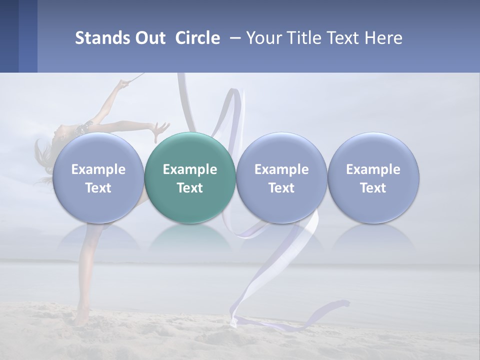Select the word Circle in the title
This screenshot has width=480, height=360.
click(197, 38)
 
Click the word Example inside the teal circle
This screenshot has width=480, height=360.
click(190, 169)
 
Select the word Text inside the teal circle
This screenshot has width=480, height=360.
click(190, 188)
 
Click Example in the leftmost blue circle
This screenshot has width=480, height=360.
click(98, 169)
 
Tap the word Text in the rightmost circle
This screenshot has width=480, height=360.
click(373, 188)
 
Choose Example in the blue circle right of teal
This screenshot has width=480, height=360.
click(281, 169)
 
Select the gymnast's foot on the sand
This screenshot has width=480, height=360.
click(80, 318)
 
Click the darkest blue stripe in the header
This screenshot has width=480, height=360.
click(9, 36)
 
